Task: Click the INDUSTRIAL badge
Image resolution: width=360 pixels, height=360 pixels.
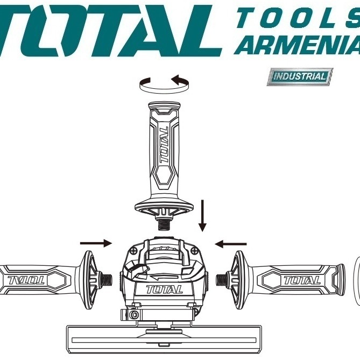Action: tap(300, 77)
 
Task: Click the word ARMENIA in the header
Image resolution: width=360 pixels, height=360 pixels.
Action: tap(297, 45)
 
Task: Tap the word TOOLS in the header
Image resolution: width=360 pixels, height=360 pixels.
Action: tap(298, 17)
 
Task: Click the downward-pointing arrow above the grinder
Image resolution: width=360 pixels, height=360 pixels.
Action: tap(202, 215)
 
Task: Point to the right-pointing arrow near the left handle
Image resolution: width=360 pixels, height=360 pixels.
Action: tap(96, 243)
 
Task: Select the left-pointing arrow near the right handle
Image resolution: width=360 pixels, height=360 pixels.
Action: tap(230, 244)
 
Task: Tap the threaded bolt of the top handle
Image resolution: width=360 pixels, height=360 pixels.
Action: tap(164, 225)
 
